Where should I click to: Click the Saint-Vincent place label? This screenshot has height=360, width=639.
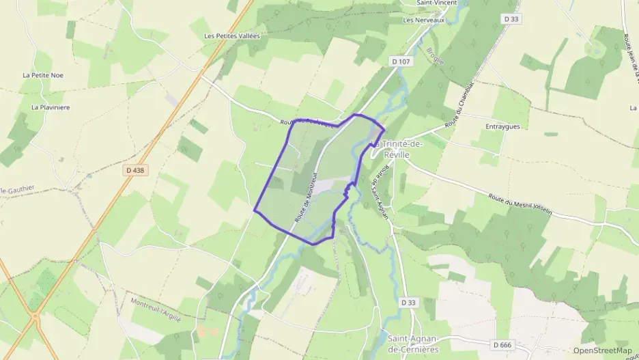click(x=437, y=3)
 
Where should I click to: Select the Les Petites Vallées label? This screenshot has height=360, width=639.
click(x=232, y=36)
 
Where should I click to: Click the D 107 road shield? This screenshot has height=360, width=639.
click(x=401, y=61)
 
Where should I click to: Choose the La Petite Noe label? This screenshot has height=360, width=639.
click(x=43, y=75)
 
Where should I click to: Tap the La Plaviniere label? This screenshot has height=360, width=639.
click(x=51, y=107)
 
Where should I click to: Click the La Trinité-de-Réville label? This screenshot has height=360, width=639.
click(x=397, y=150)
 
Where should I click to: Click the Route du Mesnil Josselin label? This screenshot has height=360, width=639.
click(x=520, y=204)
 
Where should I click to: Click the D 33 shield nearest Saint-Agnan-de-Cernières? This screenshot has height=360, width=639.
click(x=408, y=302)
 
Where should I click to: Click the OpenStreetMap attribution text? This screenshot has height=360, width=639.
click(x=603, y=350)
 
